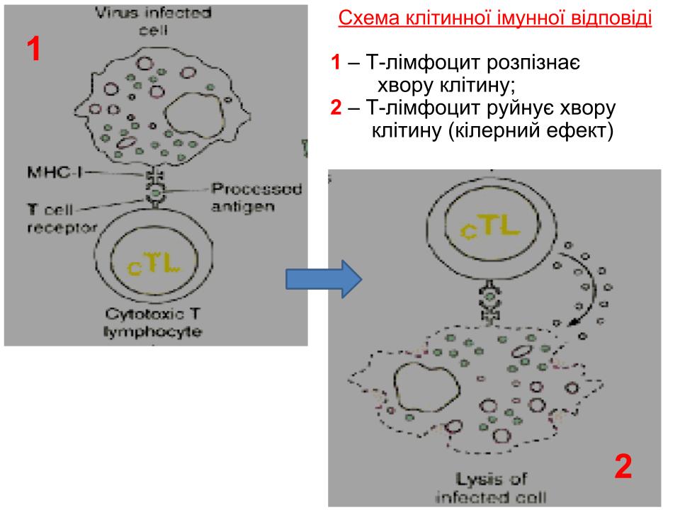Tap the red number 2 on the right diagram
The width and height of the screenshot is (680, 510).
tap(623, 467)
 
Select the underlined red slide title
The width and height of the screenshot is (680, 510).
tap(495, 18)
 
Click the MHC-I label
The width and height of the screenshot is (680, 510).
tap(49, 173)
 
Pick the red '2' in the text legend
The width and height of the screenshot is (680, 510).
tap(335, 108)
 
